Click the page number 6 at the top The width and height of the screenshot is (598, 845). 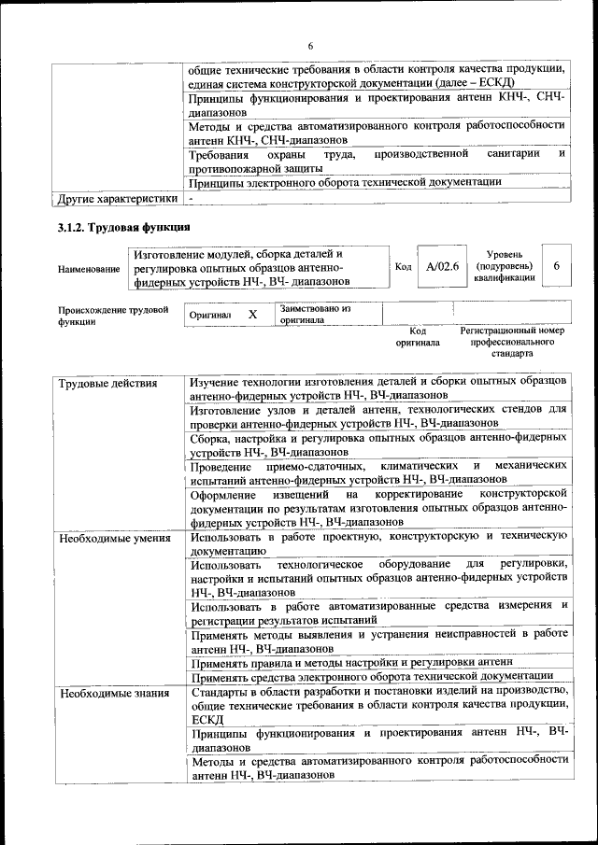pos(310,46)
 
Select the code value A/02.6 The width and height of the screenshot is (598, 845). pos(442,267)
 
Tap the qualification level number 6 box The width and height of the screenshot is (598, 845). pos(556,267)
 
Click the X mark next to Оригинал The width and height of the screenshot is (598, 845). pos(252,315)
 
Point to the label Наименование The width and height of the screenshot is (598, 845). pos(89,270)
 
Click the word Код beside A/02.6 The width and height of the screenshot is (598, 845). pos(404,267)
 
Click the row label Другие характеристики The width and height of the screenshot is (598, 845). pos(118,199)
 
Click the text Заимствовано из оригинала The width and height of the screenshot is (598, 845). pos(315,314)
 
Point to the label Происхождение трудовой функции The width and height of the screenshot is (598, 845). pos(113,315)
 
